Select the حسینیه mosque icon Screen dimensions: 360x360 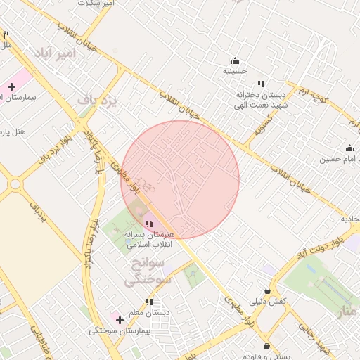[x=235, y=60]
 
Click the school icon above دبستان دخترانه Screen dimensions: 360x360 [x=261, y=84]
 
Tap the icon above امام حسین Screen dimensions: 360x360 [x=349, y=148]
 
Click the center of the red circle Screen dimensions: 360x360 [x=180, y=179]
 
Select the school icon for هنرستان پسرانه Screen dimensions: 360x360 [x=148, y=224]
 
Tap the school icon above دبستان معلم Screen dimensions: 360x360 [x=148, y=302]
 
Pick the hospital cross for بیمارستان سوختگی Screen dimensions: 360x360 [x=120, y=320]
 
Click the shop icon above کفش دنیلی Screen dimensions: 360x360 [x=267, y=290]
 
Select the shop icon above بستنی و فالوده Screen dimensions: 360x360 [x=266, y=346]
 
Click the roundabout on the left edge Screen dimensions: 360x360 [x=15, y=184]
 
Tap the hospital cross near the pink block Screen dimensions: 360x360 [x=11, y=87]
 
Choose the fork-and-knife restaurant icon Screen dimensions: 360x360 [x=6, y=34]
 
